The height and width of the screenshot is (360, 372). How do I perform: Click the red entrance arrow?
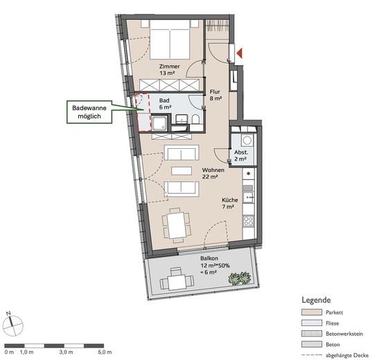pyautogui.click(x=240, y=53)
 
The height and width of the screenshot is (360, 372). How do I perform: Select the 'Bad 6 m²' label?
pyautogui.click(x=164, y=104)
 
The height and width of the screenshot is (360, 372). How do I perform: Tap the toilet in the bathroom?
pyautogui.click(x=196, y=123)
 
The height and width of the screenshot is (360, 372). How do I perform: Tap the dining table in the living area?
pyautogui.click(x=176, y=223)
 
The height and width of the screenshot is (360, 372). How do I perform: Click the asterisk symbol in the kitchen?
pyautogui.click(x=249, y=173)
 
